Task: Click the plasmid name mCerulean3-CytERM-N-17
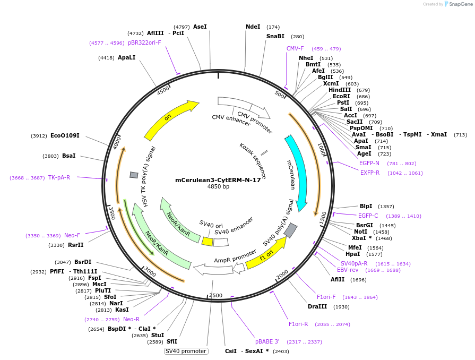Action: point(218,180)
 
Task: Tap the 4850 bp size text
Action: point(218,187)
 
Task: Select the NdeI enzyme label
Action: point(253,27)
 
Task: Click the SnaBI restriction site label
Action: point(275,37)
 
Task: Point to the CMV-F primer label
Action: point(295,48)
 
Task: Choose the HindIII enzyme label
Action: point(340,90)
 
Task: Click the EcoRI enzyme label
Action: point(342,96)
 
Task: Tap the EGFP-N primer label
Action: point(369,163)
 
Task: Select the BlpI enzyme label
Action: point(366,206)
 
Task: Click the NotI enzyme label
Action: point(361,232)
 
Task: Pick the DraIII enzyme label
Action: point(317,306)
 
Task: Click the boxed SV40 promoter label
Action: point(186,351)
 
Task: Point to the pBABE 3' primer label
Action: point(267,341)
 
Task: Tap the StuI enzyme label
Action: point(157,335)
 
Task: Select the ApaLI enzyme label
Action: point(127,57)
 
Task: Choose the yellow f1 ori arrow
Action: point(265,254)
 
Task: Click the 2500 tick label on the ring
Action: point(215,295)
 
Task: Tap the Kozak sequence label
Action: point(249,153)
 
